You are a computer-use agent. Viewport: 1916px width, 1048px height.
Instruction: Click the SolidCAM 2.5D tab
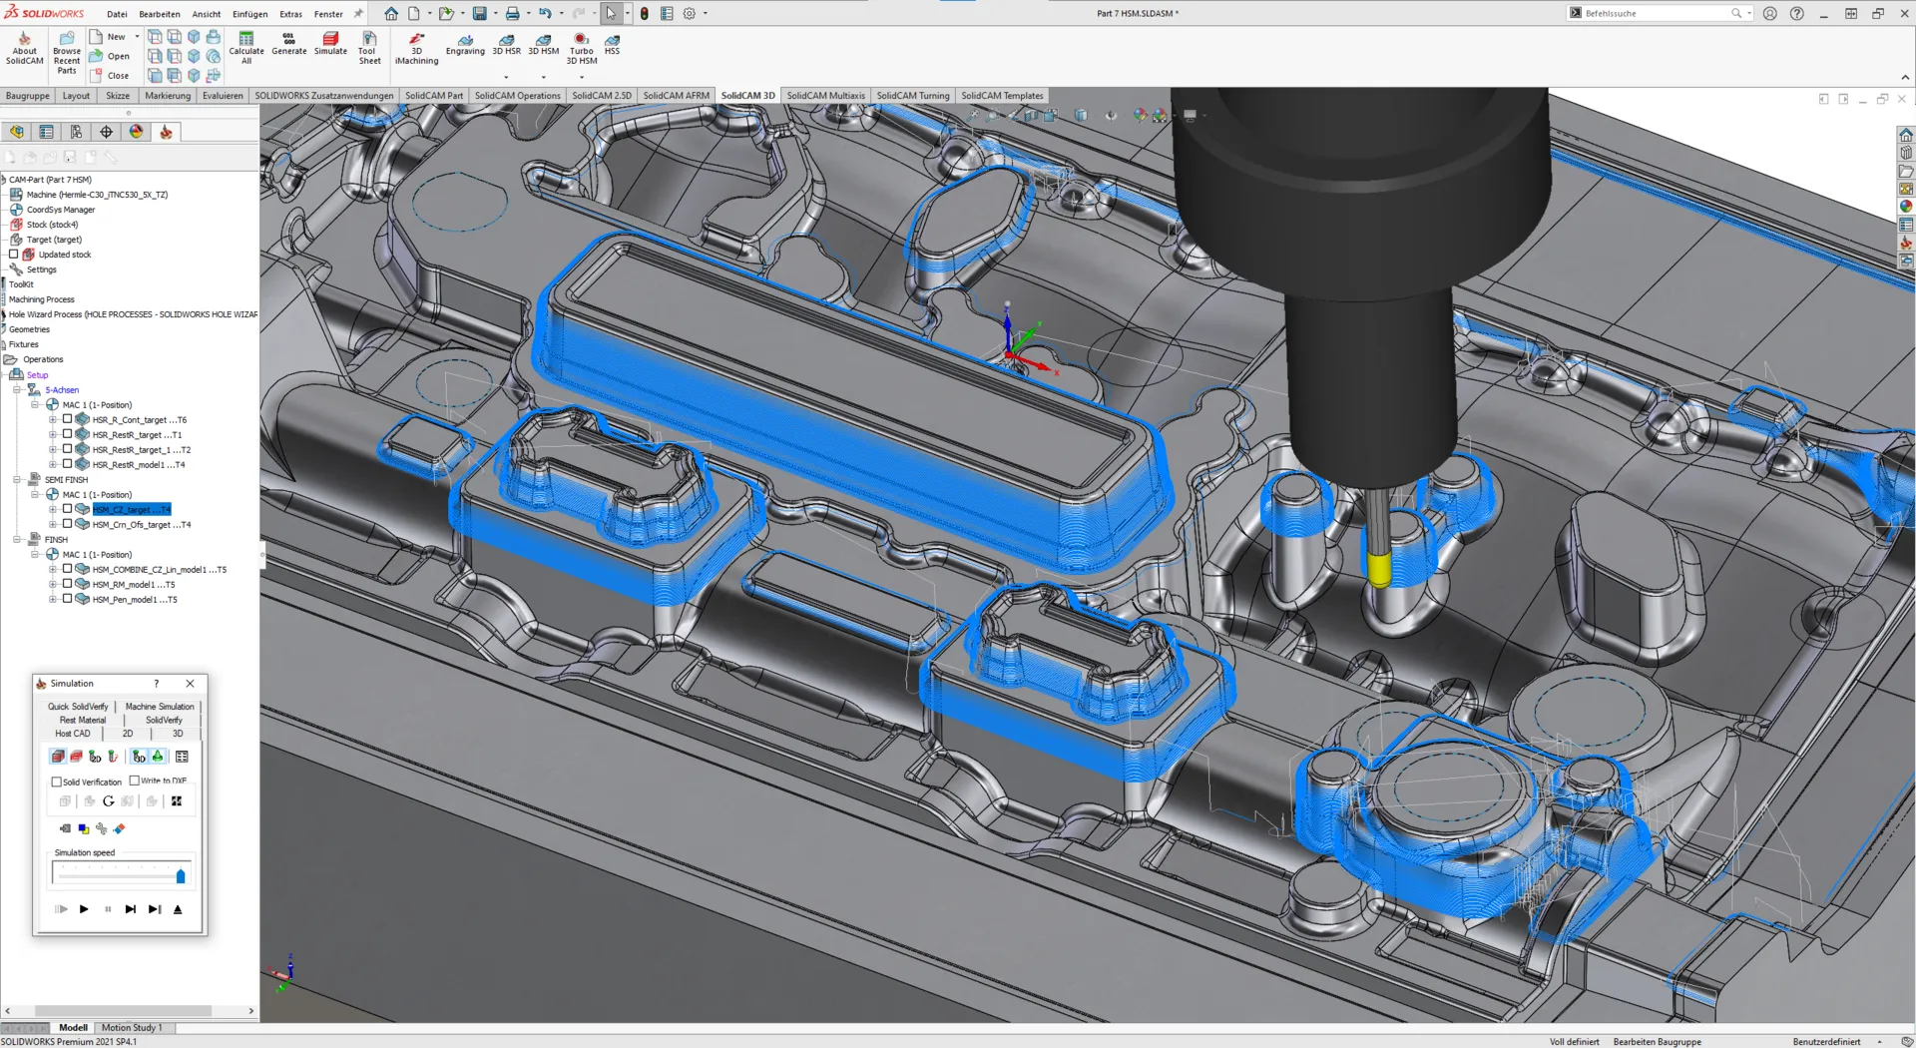click(601, 96)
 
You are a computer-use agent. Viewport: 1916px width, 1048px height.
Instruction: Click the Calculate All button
click(246, 48)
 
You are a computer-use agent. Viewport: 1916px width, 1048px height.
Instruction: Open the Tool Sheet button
click(369, 48)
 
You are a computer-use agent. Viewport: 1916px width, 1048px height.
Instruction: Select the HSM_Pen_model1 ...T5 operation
click(134, 600)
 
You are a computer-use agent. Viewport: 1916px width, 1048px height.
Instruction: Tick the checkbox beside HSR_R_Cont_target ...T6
click(68, 420)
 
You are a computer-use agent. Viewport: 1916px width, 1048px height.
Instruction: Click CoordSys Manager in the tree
click(60, 210)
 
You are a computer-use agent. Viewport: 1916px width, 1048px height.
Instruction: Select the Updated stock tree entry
click(64, 255)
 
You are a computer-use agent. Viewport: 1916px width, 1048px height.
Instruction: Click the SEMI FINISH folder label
click(66, 480)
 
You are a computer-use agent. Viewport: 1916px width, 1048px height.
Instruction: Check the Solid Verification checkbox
click(57, 783)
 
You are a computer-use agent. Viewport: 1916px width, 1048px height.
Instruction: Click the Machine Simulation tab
click(160, 707)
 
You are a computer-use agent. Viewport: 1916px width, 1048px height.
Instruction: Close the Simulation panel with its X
click(190, 684)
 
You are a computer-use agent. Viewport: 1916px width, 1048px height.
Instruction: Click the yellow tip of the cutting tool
click(1379, 570)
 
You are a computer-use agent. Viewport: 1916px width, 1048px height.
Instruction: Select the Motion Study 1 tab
click(131, 1028)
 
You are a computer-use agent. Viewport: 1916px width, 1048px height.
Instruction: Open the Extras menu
click(290, 14)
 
